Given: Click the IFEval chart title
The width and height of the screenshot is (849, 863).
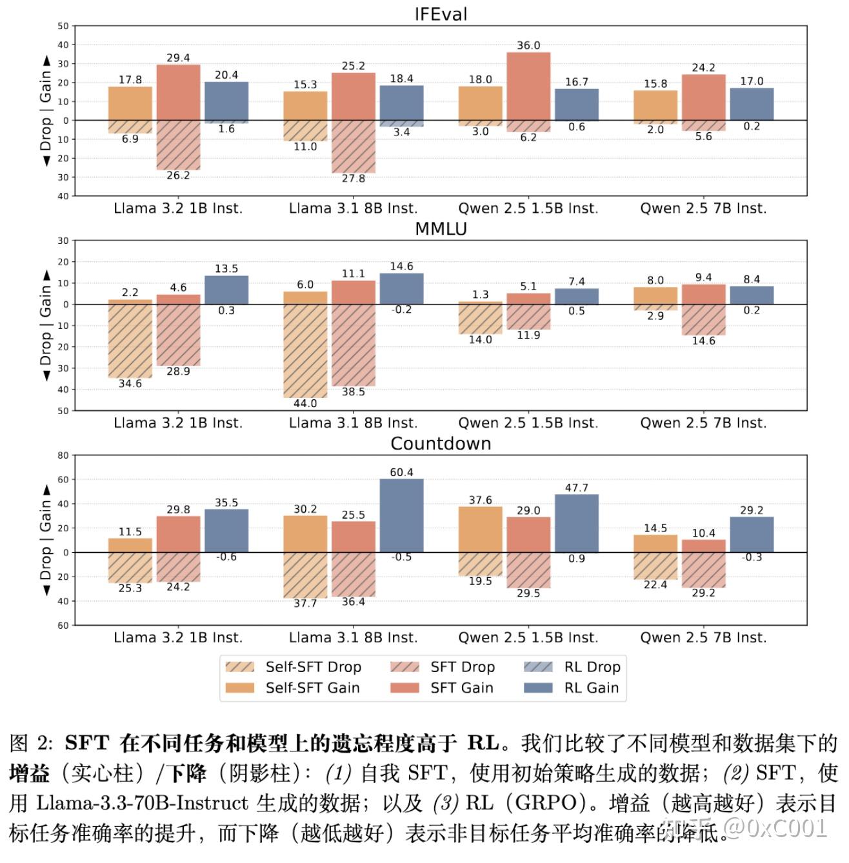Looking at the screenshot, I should coord(441,14).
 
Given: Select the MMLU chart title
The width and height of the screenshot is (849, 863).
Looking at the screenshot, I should coord(441,229).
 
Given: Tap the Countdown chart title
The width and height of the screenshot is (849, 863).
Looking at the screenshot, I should coord(441,444).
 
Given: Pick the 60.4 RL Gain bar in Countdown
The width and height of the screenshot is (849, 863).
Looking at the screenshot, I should coord(401,515).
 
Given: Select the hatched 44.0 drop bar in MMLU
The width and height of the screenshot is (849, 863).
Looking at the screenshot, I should coord(305,351).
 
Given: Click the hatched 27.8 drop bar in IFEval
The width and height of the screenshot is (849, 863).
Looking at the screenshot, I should coord(354,146).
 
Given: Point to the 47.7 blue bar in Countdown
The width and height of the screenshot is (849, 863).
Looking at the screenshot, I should coord(577,523).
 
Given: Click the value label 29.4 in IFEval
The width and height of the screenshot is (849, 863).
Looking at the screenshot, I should coord(178,58).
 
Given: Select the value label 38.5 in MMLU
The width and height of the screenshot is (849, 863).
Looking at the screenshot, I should coord(354,392).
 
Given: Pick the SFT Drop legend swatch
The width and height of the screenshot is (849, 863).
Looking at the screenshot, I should coord(405,667).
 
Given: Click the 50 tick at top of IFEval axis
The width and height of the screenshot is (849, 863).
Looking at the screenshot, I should coord(63,26).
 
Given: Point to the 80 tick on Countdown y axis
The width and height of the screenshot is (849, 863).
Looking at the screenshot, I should coord(63,455).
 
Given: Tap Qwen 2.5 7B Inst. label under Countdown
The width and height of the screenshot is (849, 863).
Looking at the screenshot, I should coord(703,638).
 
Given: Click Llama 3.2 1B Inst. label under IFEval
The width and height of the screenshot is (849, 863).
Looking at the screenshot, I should coord(178,208).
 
